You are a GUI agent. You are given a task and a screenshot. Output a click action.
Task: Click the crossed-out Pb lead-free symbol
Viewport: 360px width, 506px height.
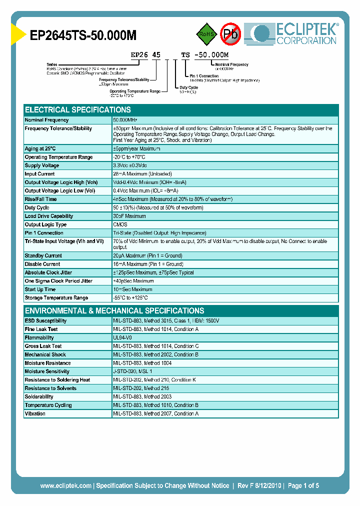coord(231,34)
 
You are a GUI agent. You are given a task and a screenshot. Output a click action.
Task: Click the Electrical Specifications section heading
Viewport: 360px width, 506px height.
coord(78,109)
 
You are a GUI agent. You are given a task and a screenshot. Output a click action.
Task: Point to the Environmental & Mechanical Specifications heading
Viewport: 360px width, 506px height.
coord(114,310)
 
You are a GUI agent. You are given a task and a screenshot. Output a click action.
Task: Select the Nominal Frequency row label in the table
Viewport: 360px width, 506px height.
coord(47,120)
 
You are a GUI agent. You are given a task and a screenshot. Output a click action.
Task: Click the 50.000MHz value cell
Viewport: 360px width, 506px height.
coord(125,120)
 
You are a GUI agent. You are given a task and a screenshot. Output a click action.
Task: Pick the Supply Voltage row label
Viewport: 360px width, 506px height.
coord(42,165)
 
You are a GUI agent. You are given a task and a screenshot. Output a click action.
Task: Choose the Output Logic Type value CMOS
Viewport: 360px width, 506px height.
coord(120,224)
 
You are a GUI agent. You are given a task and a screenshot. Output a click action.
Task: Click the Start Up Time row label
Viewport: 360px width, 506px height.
coord(40,289)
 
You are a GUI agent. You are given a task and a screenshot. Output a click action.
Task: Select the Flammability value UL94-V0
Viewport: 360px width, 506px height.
coord(122,338)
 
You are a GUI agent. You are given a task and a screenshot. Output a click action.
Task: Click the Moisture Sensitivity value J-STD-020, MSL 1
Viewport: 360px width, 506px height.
coord(132,371)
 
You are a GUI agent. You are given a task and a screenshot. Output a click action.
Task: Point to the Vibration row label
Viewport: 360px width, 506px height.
coord(35,413)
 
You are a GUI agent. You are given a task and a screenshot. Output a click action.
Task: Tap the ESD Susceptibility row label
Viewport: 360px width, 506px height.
coord(45,321)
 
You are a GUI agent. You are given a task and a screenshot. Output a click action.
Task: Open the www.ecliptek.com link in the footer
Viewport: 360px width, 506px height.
coord(65,485)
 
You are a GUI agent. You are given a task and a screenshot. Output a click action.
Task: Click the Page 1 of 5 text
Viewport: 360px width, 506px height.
coord(303,485)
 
